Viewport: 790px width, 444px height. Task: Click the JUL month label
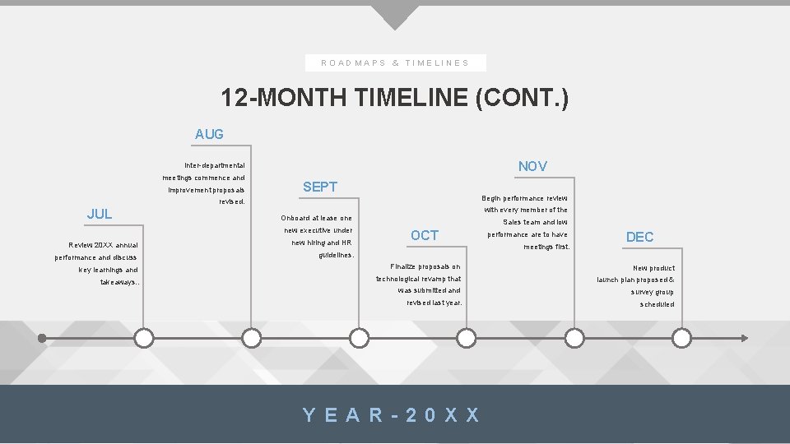point(100,214)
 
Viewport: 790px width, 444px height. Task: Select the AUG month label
point(209,134)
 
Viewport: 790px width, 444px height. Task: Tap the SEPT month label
point(320,187)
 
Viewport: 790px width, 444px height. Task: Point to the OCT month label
point(425,235)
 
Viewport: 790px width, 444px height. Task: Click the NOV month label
point(532,166)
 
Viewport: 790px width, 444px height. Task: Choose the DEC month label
point(639,237)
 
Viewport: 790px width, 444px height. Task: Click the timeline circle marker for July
point(144,338)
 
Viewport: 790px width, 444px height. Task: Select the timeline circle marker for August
point(252,338)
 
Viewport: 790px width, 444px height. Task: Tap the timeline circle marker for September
point(359,338)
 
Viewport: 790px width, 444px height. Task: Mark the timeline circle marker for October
point(467,338)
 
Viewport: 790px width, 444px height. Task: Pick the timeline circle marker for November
point(574,338)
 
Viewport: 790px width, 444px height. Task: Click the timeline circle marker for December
point(681,338)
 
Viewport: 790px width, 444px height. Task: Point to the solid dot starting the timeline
point(42,337)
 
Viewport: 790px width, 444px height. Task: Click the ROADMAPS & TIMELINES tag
point(395,62)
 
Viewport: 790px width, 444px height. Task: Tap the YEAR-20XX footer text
point(392,414)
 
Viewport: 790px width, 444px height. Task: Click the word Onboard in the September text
point(295,218)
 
